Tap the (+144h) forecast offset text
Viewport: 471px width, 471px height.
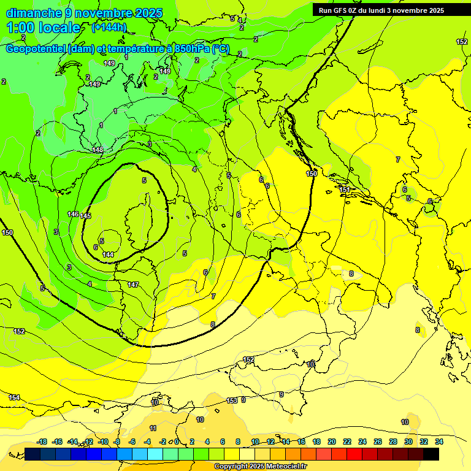(109, 28)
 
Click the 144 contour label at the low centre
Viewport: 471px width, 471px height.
(108, 255)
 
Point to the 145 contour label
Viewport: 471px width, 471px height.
(85, 216)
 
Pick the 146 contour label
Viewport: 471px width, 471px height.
(73, 214)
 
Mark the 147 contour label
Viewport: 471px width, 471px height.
(133, 285)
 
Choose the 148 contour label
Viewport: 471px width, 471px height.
(98, 150)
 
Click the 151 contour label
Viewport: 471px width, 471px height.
(345, 190)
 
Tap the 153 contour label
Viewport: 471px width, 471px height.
(232, 400)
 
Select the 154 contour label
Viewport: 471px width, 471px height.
(14, 397)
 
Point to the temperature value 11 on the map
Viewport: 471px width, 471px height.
(153, 428)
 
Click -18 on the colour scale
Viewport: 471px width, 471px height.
(42, 442)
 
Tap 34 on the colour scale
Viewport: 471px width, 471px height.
(439, 442)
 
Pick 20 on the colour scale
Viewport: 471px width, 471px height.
(332, 442)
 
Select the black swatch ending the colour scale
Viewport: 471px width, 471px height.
(431, 454)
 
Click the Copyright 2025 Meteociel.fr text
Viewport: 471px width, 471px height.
(260, 467)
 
